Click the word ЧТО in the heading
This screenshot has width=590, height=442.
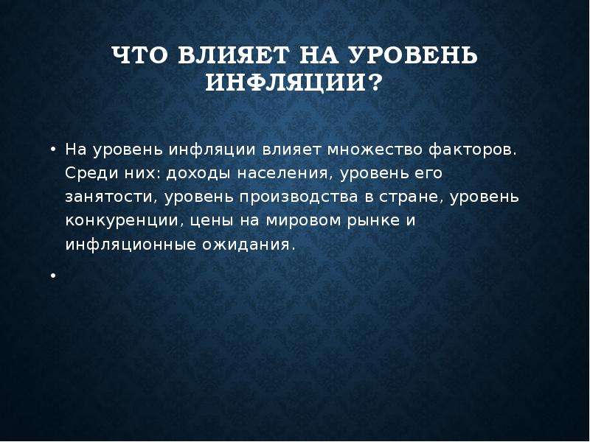pyautogui.click(x=139, y=55)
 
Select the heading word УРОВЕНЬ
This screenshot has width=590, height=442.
pyautogui.click(x=413, y=55)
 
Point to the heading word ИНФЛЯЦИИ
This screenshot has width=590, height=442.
pyautogui.click(x=286, y=83)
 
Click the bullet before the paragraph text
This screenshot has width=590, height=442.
pyautogui.click(x=53, y=150)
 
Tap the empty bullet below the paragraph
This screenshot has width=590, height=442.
pyautogui.click(x=53, y=276)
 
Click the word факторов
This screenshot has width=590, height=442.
pyautogui.click(x=472, y=150)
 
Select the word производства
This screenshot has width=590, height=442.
pyautogui.click(x=299, y=197)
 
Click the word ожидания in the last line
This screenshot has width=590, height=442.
pyautogui.click(x=247, y=245)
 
